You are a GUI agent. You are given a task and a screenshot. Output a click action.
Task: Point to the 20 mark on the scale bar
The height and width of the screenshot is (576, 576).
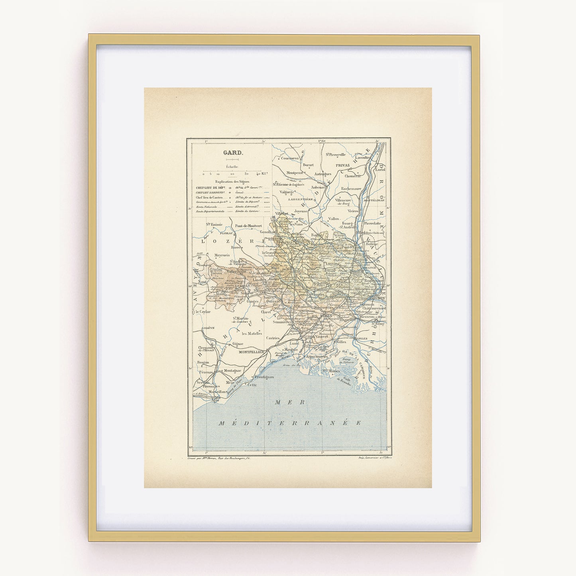click(232, 174)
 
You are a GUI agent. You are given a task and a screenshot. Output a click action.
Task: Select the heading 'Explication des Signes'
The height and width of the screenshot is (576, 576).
click(232, 181)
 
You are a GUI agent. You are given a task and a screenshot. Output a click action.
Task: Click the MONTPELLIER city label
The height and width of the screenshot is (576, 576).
click(252, 352)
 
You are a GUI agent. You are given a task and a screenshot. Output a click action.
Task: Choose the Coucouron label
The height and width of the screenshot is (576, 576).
click(290, 158)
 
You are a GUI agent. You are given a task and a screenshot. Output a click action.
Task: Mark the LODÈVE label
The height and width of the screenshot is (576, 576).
click(208, 328)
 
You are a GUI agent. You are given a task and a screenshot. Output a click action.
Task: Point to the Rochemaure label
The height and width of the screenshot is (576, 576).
click(351, 189)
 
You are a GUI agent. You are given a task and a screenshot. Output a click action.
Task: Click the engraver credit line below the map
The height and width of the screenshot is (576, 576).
click(221, 459)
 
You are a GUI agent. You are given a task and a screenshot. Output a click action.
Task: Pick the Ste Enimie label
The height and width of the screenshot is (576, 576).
click(214, 224)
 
